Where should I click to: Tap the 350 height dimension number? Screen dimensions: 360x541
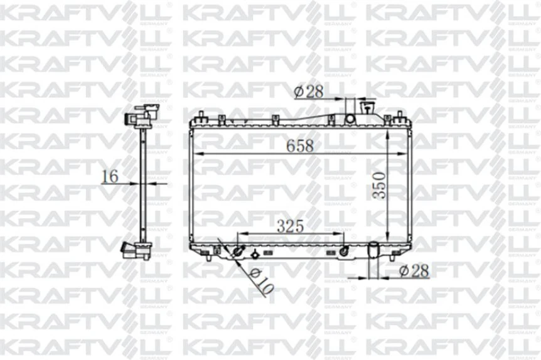point(378,186)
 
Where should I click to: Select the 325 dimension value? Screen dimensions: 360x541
point(291,226)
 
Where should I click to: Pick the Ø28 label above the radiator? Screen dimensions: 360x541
point(308,92)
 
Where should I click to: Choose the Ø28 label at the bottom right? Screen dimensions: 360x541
point(414,271)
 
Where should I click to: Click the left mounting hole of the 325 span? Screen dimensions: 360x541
point(237,252)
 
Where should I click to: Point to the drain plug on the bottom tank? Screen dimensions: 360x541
point(255,255)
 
